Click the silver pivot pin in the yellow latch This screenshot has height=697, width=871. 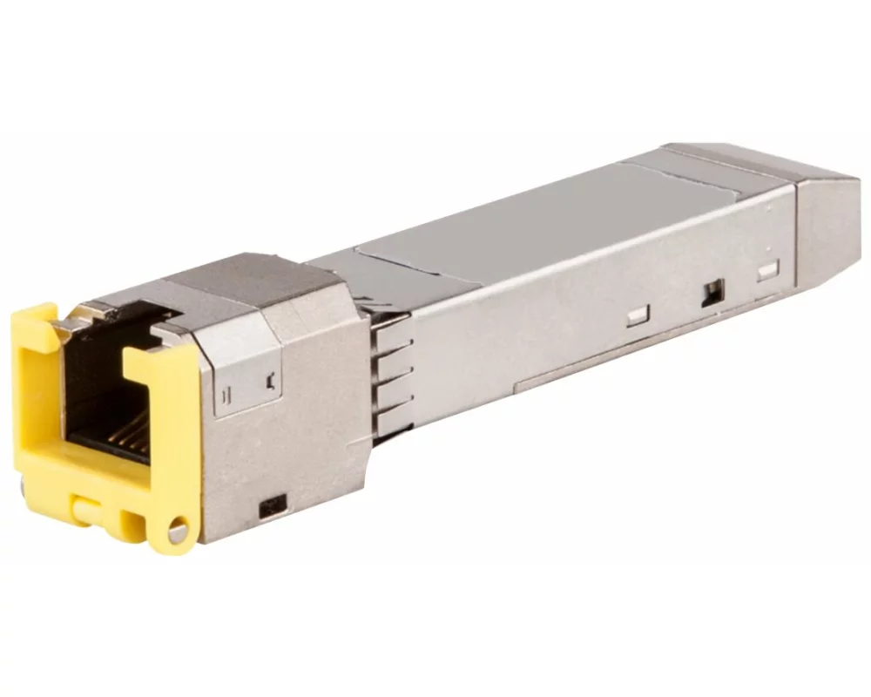179,528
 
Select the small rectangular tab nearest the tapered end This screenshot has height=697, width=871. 767,271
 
